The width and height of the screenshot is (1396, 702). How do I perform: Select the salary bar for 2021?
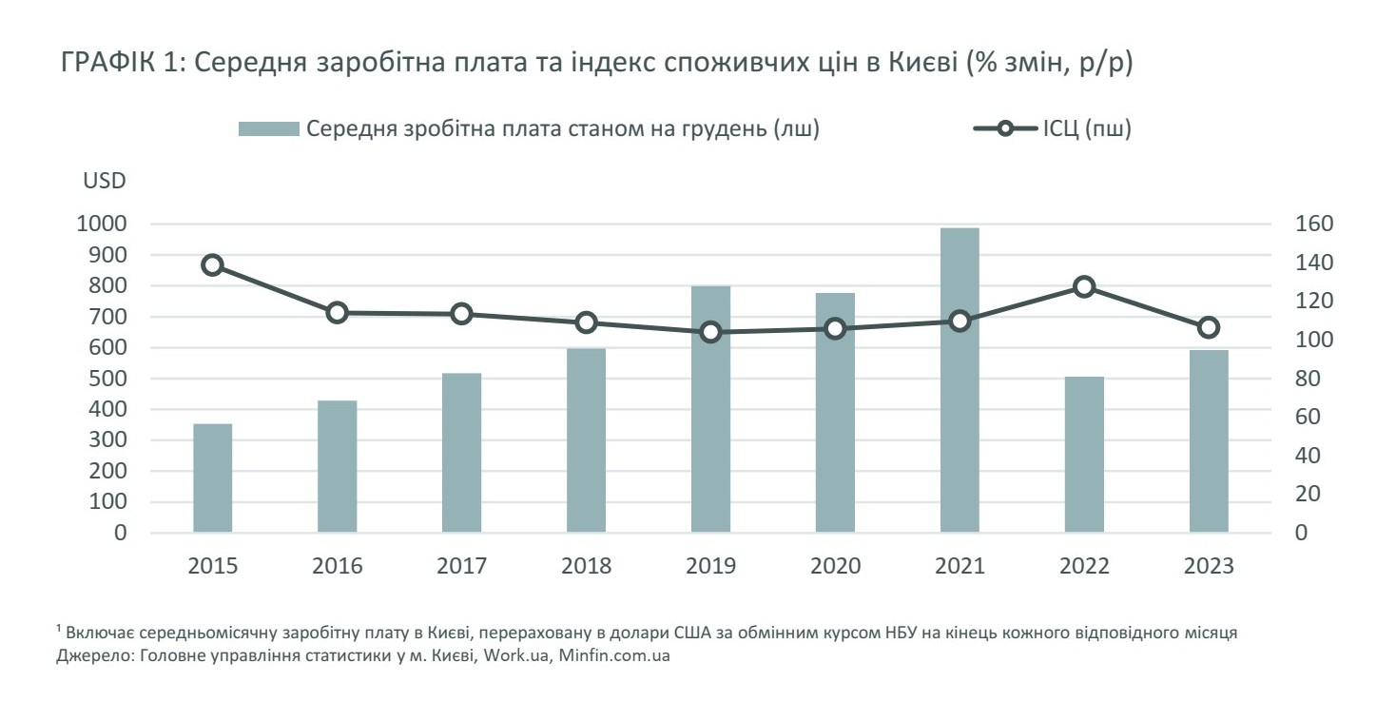coord(960,380)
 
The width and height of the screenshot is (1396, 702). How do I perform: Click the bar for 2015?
coord(212,478)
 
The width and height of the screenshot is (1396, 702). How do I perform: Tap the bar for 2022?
coord(1084,455)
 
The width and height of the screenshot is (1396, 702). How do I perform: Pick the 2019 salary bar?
coord(710,409)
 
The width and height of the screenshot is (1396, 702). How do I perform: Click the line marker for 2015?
coord(213,265)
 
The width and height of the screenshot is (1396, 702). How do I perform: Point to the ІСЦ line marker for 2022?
coord(1084,287)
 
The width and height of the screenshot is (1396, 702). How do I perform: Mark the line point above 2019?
coord(710,333)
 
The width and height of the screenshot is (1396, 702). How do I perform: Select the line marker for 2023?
coord(1209,328)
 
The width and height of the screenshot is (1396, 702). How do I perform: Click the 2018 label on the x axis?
coord(586,567)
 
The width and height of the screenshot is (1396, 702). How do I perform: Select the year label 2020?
coord(835,567)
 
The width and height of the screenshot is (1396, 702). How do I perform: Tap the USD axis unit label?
coord(105,181)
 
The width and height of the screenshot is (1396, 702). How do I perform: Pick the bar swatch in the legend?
coord(269,130)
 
